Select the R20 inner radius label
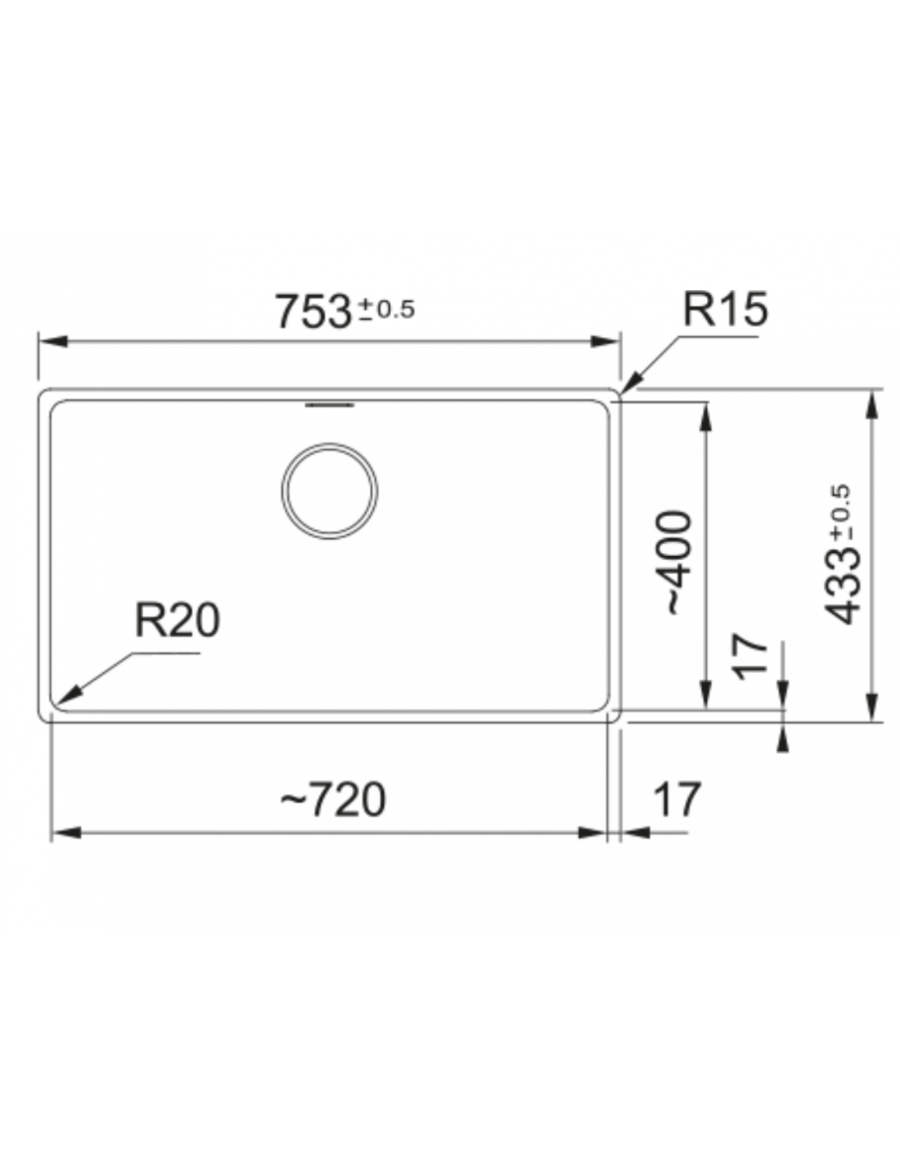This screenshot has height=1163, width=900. [x=178, y=621]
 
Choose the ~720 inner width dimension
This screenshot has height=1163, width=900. [x=332, y=800]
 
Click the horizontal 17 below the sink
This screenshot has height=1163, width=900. [x=677, y=800]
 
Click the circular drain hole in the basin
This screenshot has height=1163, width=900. [x=329, y=491]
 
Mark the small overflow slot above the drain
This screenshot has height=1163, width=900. [x=330, y=405]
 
